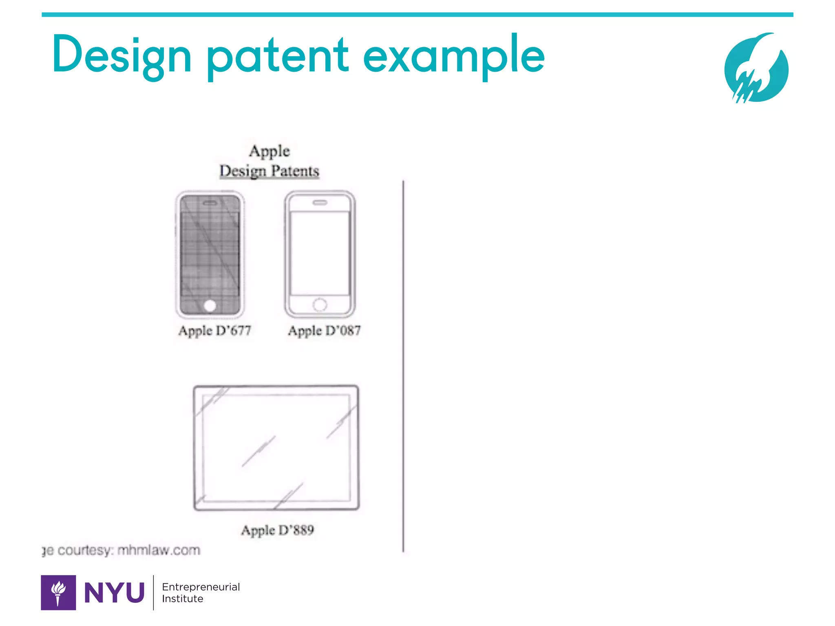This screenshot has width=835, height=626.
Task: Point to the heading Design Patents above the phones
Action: tap(269, 171)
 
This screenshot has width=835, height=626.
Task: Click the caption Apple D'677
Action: tap(214, 330)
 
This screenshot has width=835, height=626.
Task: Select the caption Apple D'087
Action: tap(324, 330)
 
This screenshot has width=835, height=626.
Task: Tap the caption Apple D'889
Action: tap(277, 530)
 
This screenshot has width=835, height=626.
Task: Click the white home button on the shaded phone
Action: tap(210, 306)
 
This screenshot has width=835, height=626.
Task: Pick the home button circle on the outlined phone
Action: tap(320, 304)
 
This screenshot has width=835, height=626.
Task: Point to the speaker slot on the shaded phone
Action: tap(210, 203)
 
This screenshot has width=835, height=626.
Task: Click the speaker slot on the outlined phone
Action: tap(320, 203)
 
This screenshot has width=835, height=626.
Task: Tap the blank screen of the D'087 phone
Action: tap(320, 253)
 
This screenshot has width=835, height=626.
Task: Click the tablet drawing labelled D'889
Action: tap(276, 447)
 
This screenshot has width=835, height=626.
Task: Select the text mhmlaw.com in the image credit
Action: tap(159, 550)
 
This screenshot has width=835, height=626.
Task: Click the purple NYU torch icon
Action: tap(58, 592)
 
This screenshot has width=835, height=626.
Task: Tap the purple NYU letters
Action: tap(114, 593)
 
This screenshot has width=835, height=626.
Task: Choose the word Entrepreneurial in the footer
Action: tap(201, 587)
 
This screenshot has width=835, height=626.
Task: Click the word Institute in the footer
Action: tap(182, 599)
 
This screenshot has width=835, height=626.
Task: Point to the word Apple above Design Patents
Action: tap(269, 151)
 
